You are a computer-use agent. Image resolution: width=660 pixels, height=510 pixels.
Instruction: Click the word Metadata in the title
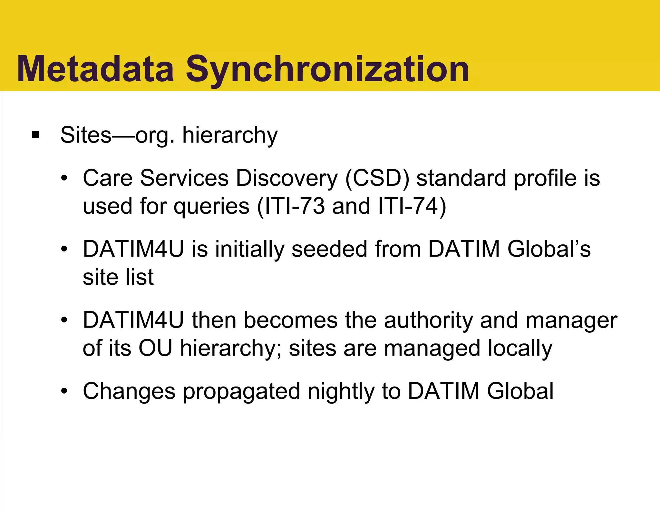pos(96,69)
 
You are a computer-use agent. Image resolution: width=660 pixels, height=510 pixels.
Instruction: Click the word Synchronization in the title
pos(327,69)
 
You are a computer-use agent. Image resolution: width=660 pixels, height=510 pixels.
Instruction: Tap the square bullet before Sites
pos(35,134)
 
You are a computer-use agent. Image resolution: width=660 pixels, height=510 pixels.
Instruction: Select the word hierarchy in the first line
pos(230,135)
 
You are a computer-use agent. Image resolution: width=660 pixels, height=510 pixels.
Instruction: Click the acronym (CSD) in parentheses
pos(377,178)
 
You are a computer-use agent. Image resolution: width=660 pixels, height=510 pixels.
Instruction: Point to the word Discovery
pos(287,178)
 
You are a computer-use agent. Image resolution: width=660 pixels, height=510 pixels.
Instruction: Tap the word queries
pos(211,207)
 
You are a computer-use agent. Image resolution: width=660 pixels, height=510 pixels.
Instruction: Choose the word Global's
pos(549,249)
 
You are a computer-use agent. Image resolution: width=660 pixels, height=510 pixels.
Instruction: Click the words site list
pos(118,277)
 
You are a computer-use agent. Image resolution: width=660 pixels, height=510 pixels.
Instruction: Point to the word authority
pos(428,320)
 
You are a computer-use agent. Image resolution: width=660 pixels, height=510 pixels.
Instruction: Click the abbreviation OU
pos(155,348)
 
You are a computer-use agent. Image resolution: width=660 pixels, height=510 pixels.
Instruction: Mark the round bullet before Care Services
pos(64,178)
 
